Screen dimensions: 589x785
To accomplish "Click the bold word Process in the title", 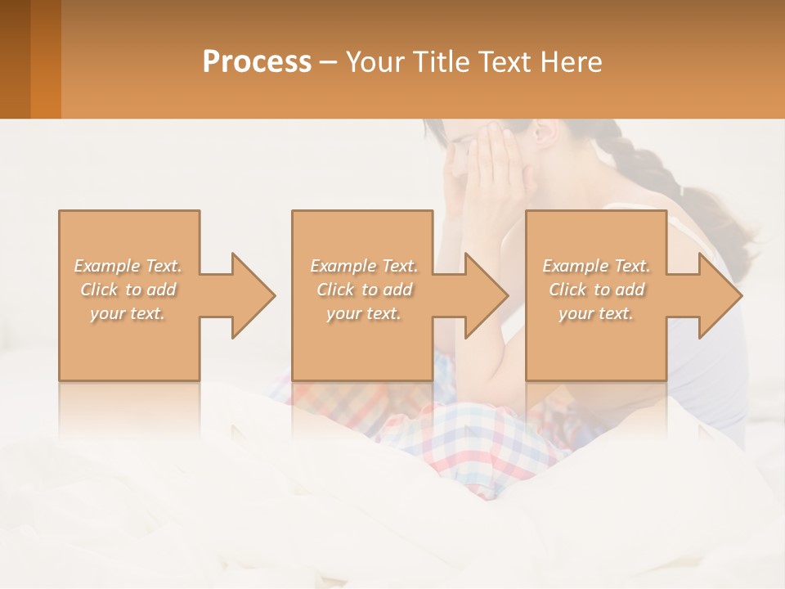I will point(257,62).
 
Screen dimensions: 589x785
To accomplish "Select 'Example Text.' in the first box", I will point(128,266).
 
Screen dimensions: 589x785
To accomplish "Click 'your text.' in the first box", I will point(128,314).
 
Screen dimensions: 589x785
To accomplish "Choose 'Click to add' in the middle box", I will point(364,290).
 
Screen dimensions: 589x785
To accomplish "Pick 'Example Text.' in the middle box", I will point(364,266).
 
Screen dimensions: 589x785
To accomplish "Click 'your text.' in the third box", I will point(595,314).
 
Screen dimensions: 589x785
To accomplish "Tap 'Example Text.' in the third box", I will point(596,266).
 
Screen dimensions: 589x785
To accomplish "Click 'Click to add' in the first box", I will point(128,290).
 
